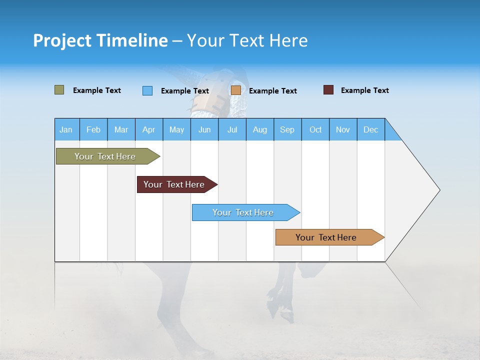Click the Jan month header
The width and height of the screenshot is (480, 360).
[66, 129]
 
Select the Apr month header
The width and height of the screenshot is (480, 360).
[148, 129]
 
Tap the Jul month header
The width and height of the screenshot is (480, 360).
[232, 129]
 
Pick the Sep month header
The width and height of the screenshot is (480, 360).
[287, 129]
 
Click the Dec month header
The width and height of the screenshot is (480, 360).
[370, 129]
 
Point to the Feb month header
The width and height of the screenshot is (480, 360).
[93, 129]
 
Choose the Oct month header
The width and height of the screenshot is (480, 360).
[315, 129]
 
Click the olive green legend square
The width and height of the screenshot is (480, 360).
[59, 90]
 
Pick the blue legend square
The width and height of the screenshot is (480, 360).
[147, 90]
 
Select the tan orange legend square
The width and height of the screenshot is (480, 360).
[236, 90]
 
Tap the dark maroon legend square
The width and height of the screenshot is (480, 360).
[328, 90]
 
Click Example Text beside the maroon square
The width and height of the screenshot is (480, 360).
[364, 90]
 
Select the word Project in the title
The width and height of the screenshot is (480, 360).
[62, 40]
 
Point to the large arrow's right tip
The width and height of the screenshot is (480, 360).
[438, 190]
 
